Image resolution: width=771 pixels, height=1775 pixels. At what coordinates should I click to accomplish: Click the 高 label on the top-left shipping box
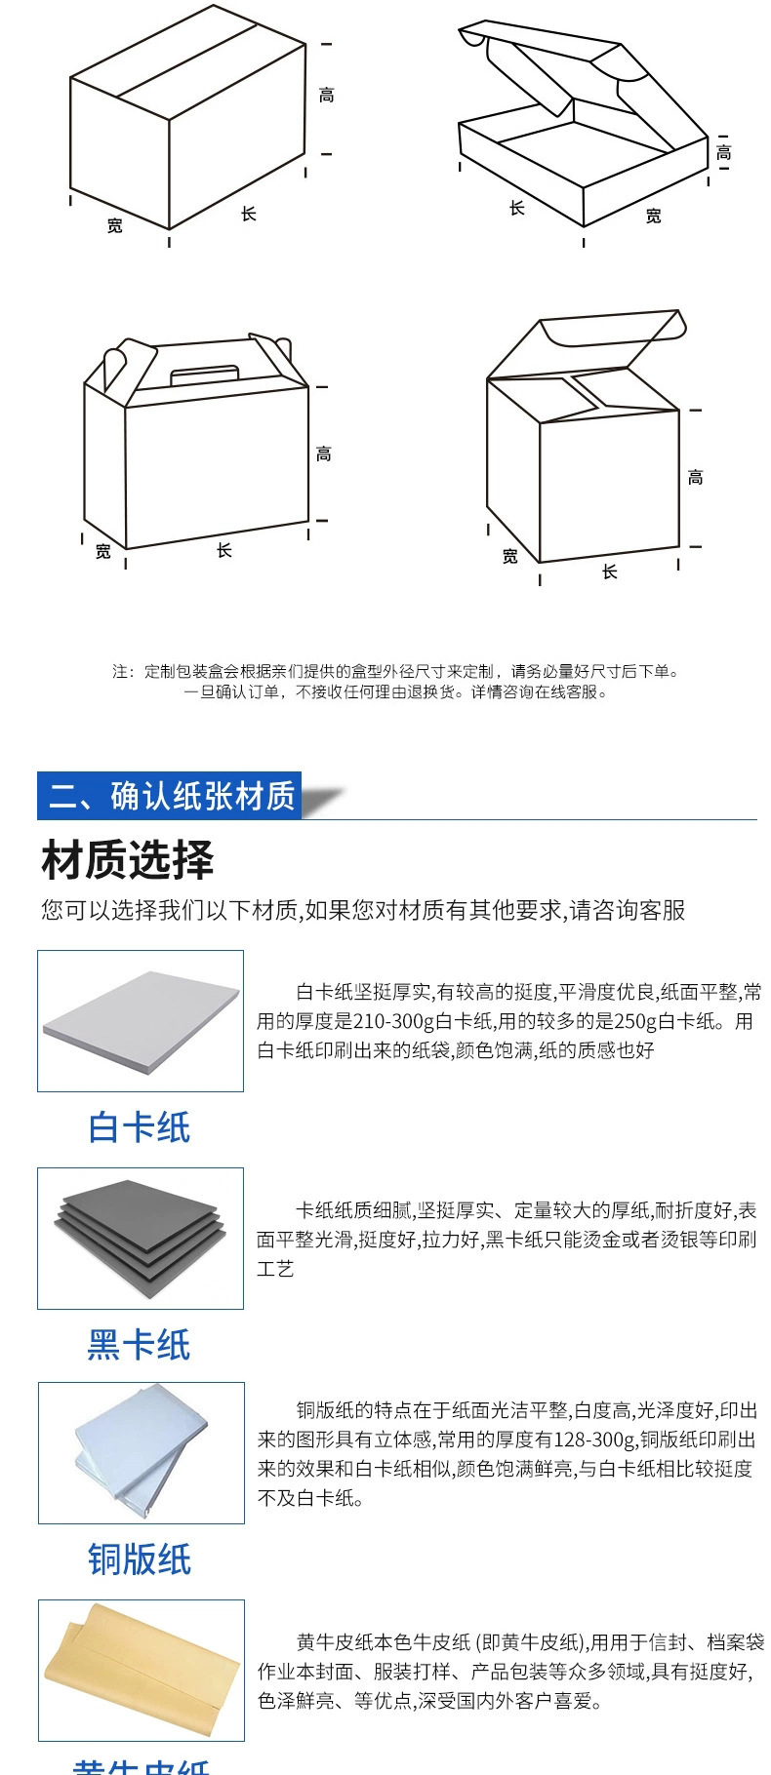(x=327, y=96)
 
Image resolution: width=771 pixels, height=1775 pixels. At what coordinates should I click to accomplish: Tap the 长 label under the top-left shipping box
(x=249, y=214)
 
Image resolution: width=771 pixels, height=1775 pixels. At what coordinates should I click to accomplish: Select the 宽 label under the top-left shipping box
(x=115, y=226)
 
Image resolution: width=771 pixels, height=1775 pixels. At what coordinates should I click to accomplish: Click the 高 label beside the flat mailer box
(x=723, y=152)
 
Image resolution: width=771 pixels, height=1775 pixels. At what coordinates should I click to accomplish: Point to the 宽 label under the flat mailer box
(x=653, y=216)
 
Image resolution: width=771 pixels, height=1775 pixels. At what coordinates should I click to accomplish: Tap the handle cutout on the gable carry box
(x=205, y=374)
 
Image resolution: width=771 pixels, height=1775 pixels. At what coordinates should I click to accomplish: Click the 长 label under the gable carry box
(x=224, y=551)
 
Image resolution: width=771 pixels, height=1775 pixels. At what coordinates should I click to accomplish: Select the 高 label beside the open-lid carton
(x=695, y=478)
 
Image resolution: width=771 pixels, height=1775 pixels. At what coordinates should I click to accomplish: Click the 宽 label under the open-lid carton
(x=509, y=557)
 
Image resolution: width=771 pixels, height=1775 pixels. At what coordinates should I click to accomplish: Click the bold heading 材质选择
(x=128, y=860)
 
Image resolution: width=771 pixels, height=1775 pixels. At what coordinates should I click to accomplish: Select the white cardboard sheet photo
(x=141, y=1021)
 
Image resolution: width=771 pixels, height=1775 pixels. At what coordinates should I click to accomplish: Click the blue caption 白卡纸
(x=140, y=1127)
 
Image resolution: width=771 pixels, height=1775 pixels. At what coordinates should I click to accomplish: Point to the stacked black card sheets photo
(x=141, y=1238)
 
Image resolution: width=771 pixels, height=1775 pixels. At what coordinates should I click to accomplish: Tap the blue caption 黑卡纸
(x=140, y=1345)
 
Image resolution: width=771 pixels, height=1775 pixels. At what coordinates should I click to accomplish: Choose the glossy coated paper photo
(x=142, y=1452)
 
